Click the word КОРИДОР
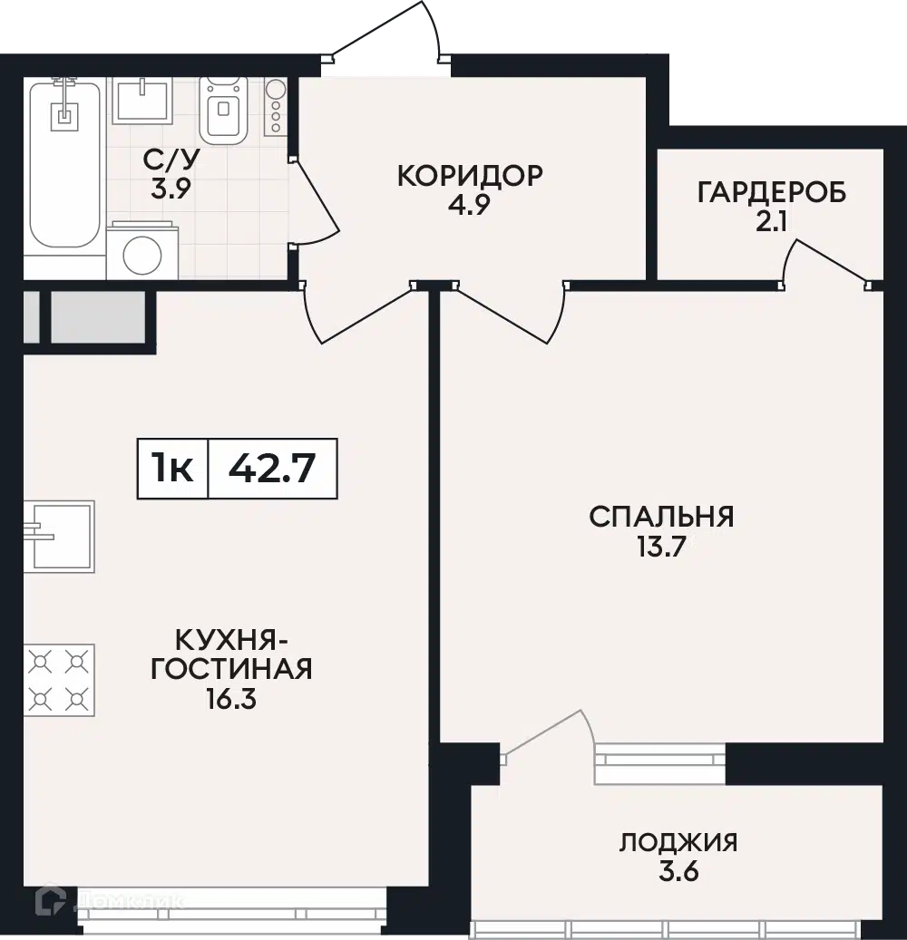click(471, 176)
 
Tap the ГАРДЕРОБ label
click(772, 193)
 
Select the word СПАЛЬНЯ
click(661, 517)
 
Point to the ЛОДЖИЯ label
click(678, 842)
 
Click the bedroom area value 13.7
click(661, 548)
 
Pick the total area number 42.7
click(272, 469)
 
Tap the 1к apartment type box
click(172, 469)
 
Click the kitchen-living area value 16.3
click(231, 699)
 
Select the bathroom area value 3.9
click(171, 189)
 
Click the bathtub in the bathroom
click(65, 163)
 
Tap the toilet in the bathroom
click(224, 111)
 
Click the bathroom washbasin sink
click(142, 100)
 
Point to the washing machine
click(142, 250)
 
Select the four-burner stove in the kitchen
click(59, 680)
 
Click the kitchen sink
click(59, 537)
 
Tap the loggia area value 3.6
click(679, 872)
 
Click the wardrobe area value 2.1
click(771, 224)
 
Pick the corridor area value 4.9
click(470, 205)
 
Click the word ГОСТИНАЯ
click(231, 669)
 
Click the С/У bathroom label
click(171, 159)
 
